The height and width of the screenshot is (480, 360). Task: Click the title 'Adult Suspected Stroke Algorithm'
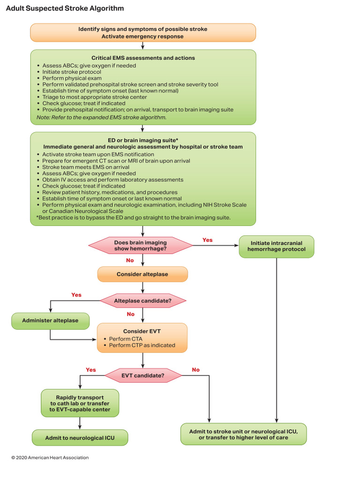point(65,8)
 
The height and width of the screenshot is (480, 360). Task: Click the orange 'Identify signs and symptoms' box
point(143,33)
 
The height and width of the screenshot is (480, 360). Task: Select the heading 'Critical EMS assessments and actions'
point(143,58)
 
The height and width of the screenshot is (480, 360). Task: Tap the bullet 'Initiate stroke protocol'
point(71,72)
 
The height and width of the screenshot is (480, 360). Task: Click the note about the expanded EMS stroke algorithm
point(101,117)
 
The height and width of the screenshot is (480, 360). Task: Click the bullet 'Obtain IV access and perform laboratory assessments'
point(112,180)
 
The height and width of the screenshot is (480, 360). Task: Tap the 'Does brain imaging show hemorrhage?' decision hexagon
point(141,246)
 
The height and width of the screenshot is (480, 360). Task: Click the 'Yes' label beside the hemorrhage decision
point(207,240)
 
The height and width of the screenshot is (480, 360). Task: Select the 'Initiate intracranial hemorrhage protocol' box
point(277,246)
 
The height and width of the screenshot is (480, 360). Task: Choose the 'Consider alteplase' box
point(142,274)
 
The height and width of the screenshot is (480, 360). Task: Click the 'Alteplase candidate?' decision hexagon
point(142,300)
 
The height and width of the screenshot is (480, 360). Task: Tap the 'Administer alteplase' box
point(50,321)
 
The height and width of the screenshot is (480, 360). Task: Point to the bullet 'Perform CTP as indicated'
point(142,345)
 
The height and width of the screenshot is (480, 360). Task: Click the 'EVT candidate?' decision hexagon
point(142,375)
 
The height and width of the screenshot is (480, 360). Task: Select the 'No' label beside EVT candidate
point(195,370)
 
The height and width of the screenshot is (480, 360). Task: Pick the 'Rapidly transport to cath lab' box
point(80,403)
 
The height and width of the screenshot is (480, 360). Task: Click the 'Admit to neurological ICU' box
point(80,438)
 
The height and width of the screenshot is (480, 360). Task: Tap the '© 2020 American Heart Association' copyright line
point(50,457)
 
